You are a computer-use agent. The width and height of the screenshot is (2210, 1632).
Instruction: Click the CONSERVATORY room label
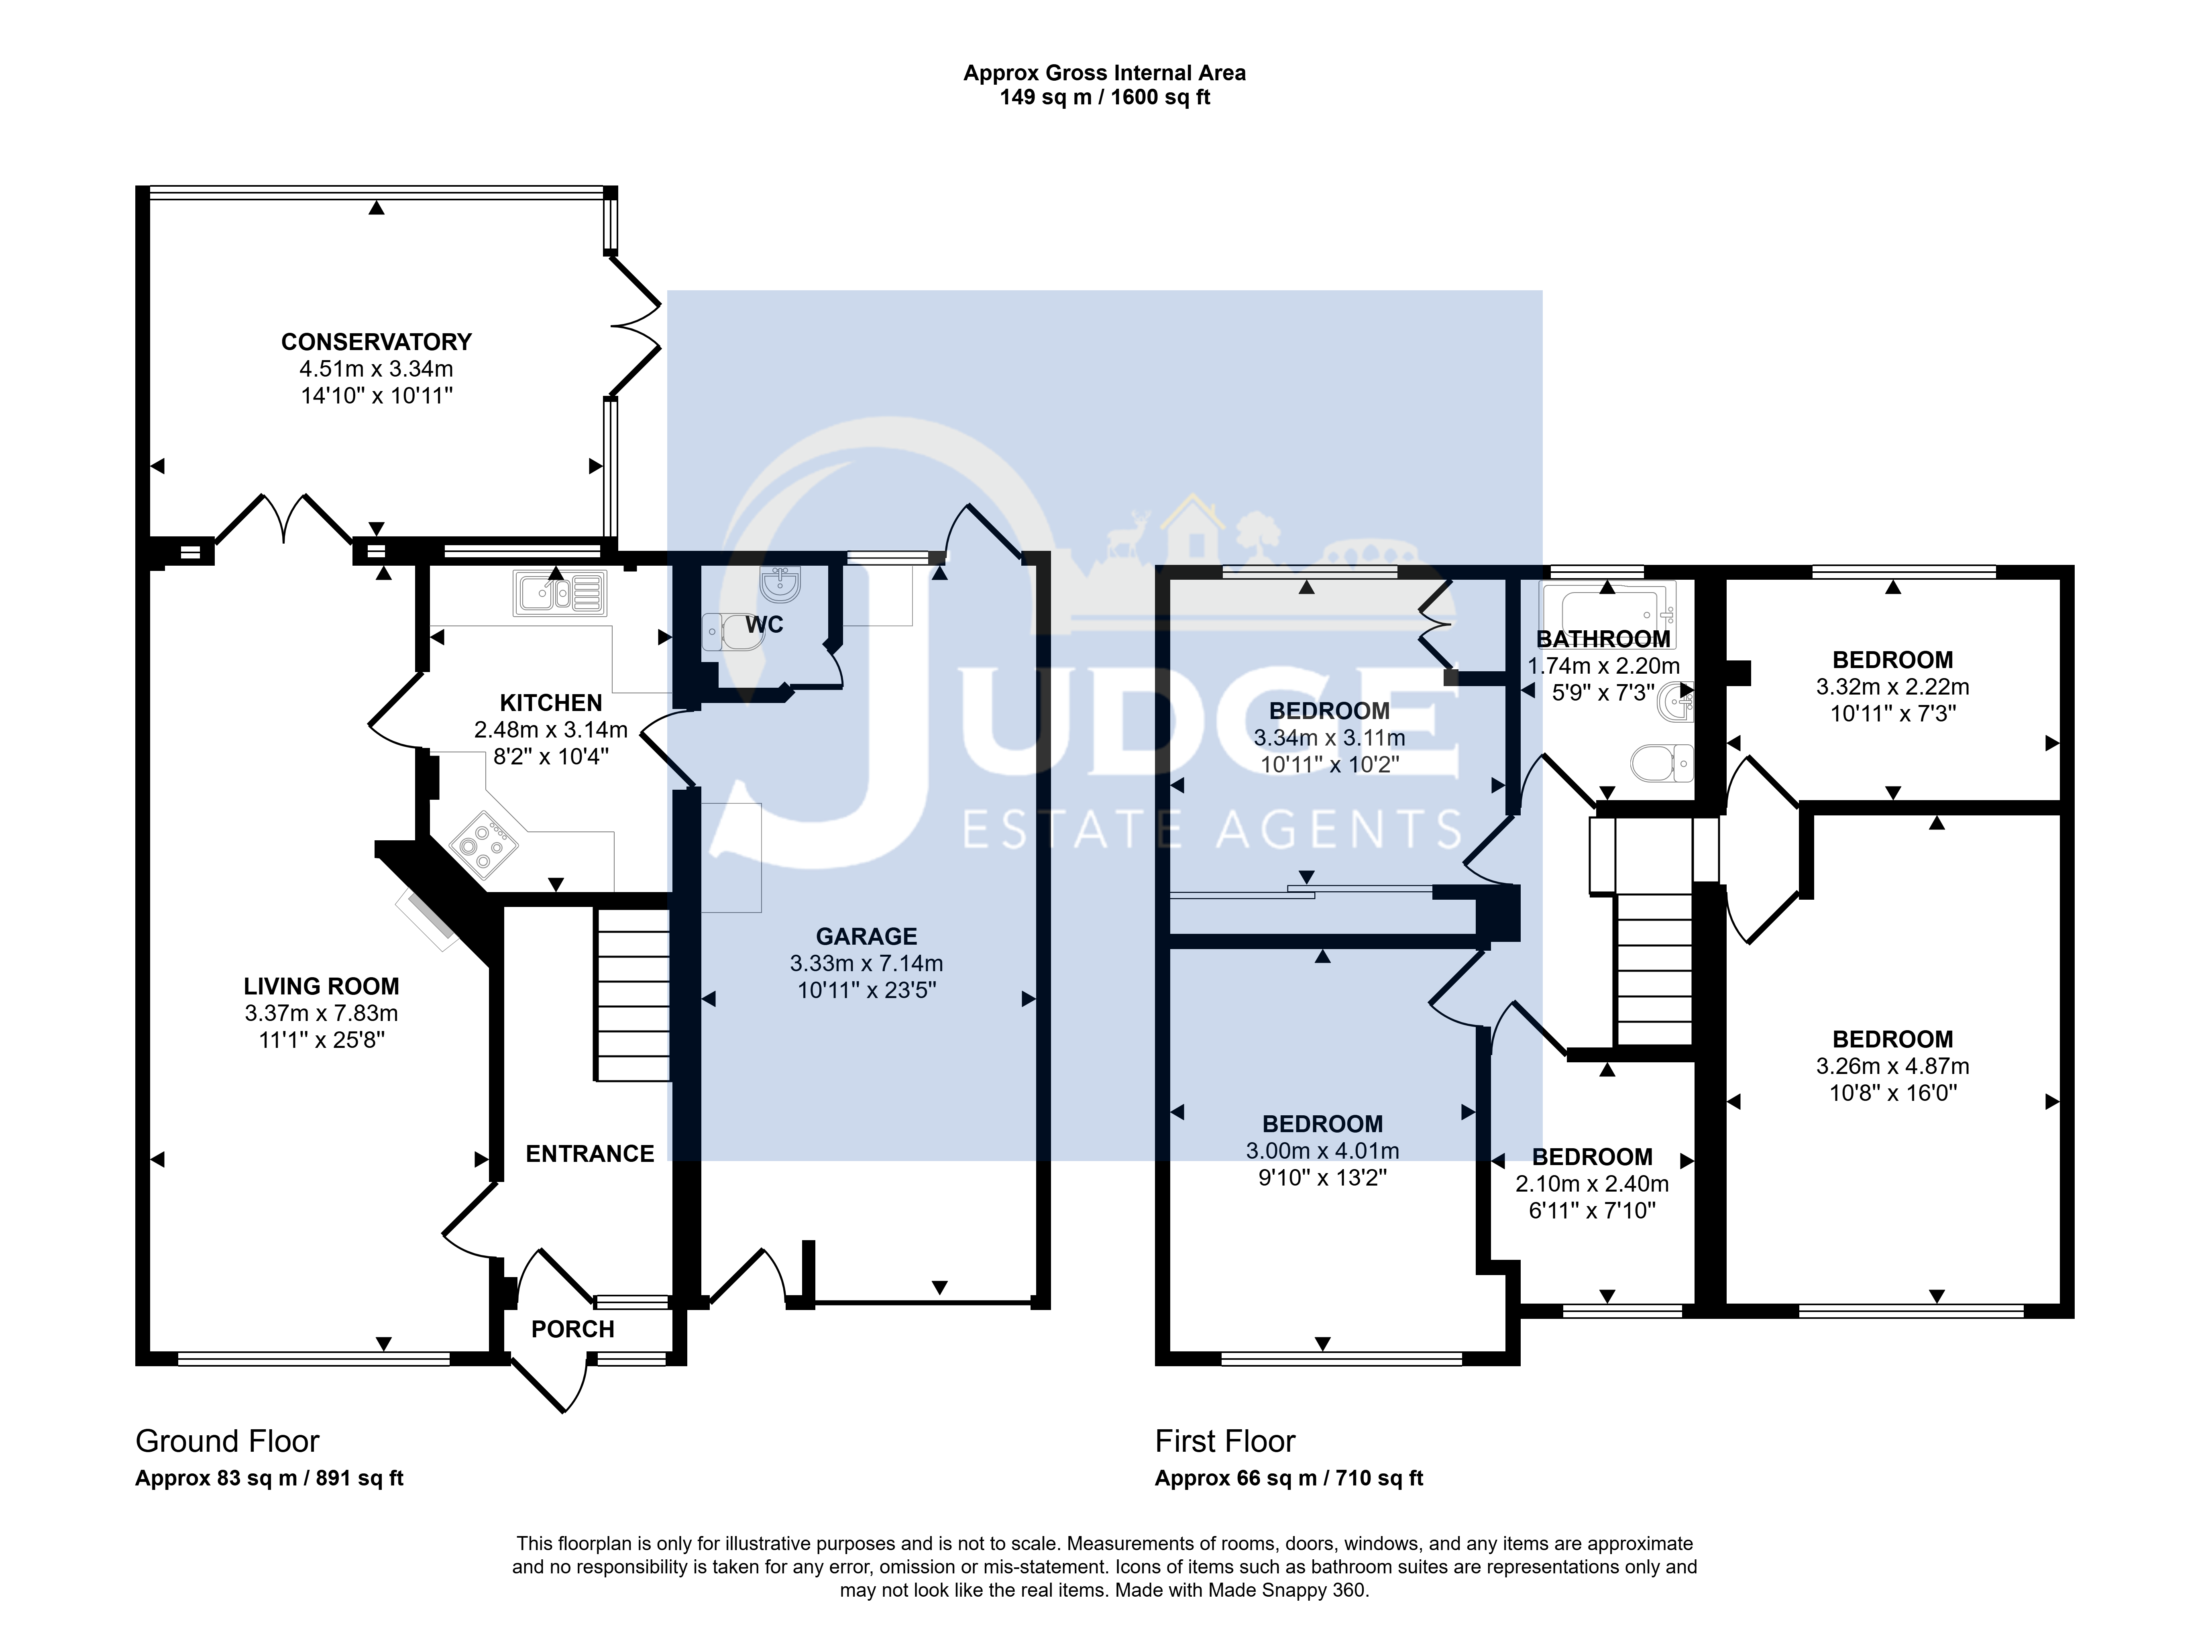[x=377, y=342]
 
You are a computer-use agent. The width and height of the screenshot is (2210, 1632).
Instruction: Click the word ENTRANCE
[x=590, y=1154]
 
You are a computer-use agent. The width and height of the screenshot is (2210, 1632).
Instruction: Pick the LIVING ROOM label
[x=322, y=986]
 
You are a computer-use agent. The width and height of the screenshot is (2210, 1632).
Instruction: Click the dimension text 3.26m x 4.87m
[x=1893, y=1066]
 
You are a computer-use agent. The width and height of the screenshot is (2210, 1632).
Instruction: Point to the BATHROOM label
[x=1603, y=639]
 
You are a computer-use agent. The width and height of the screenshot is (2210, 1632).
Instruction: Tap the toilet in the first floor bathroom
[x=1662, y=763]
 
